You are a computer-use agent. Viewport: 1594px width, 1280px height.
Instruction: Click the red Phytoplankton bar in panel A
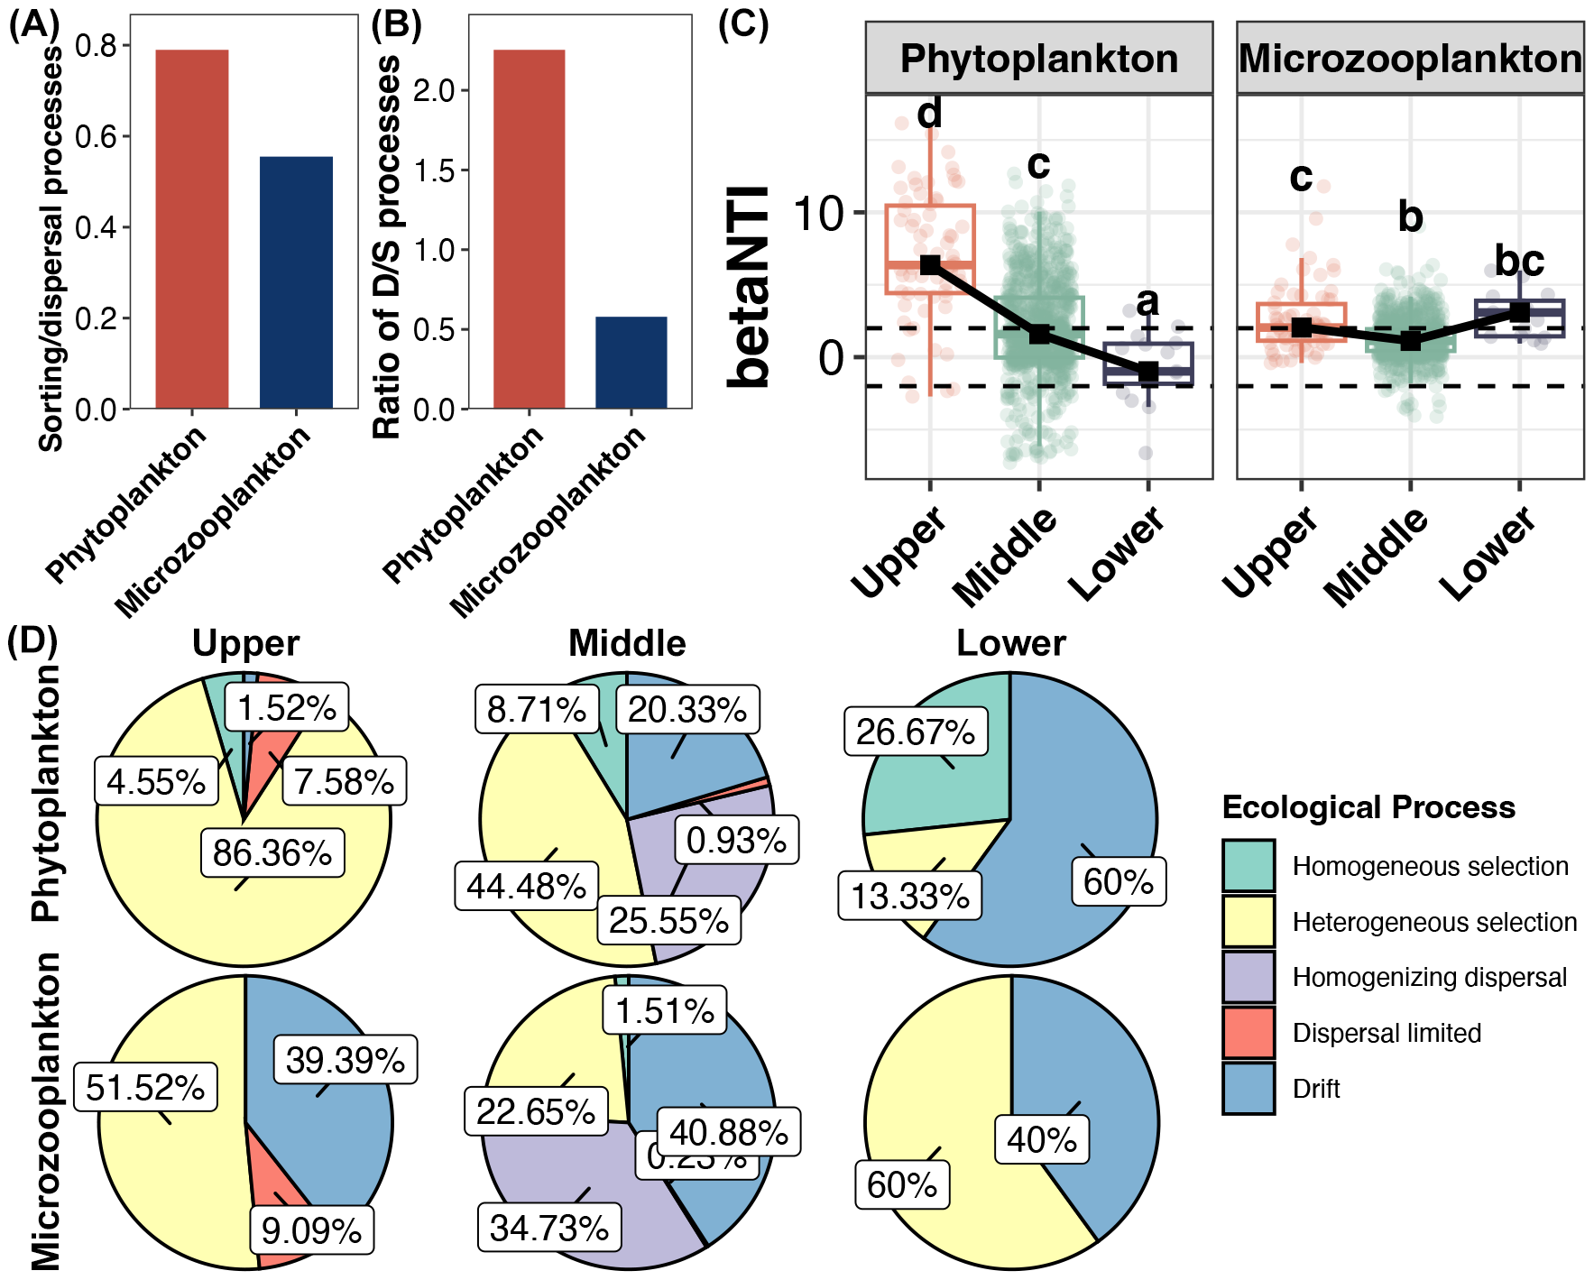click(191, 229)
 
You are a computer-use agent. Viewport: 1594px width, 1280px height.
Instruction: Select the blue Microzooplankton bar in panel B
click(631, 363)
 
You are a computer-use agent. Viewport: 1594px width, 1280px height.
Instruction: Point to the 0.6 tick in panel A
click(97, 137)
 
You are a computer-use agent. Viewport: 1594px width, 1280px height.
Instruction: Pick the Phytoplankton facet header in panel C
click(1038, 59)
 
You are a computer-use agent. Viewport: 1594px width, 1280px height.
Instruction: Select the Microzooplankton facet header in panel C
click(1409, 59)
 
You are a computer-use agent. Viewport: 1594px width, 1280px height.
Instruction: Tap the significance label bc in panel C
click(1519, 261)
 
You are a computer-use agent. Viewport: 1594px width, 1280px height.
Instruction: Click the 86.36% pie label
click(272, 852)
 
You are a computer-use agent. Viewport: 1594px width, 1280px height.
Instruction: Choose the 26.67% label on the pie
click(915, 732)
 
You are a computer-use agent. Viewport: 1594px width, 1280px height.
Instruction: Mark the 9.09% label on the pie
click(311, 1229)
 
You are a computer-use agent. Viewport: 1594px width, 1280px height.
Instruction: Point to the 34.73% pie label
click(548, 1227)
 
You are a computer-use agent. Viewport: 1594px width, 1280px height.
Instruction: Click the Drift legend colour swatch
click(1248, 1089)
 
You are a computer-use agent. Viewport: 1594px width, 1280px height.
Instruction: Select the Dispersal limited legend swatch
click(1248, 1033)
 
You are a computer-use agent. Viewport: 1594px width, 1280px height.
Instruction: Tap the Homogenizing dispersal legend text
click(1429, 978)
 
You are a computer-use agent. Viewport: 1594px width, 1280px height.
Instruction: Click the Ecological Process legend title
click(1368, 807)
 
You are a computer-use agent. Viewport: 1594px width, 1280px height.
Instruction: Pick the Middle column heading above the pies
click(627, 644)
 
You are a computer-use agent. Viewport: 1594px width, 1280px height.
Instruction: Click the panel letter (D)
click(32, 640)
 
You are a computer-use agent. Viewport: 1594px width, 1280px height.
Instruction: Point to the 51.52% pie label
click(145, 1088)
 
